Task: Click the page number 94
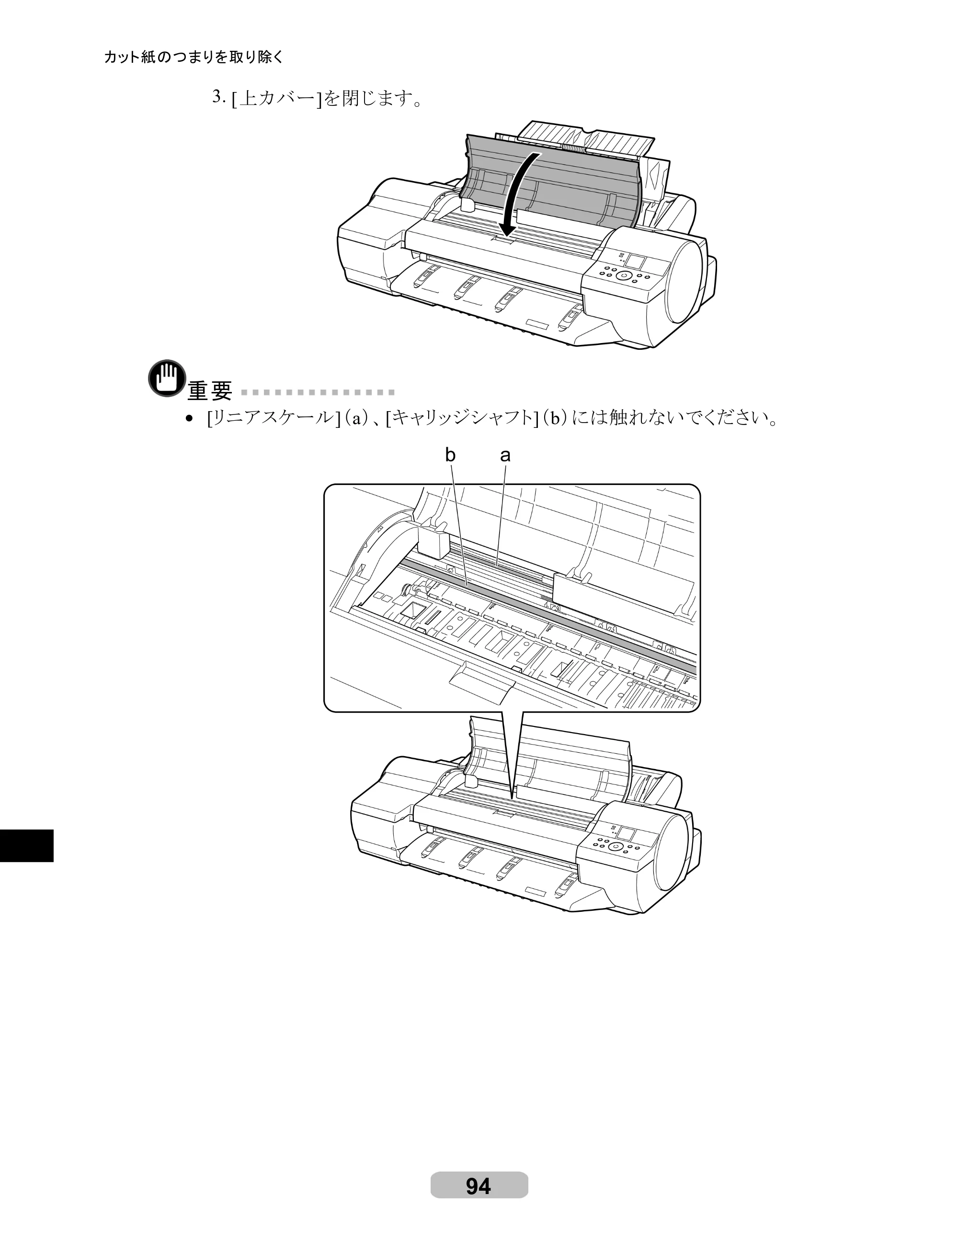pyautogui.click(x=479, y=1186)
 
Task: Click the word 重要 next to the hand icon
pyautogui.click(x=210, y=391)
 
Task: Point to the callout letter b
pyautogui.click(x=450, y=455)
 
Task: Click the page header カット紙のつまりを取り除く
pyautogui.click(x=194, y=57)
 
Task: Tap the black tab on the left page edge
pyautogui.click(x=27, y=846)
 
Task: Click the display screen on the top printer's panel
pyautogui.click(x=635, y=262)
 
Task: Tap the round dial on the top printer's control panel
pyautogui.click(x=623, y=276)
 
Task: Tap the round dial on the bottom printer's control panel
pyautogui.click(x=615, y=847)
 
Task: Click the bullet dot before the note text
pyautogui.click(x=190, y=420)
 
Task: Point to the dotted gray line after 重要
pyautogui.click(x=318, y=392)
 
